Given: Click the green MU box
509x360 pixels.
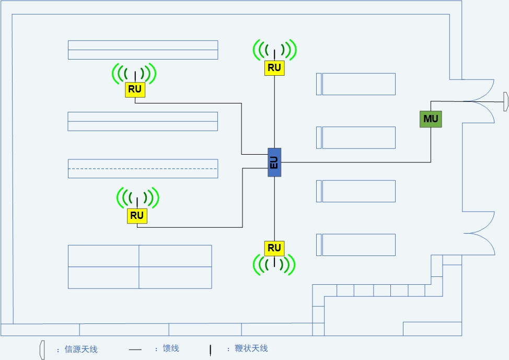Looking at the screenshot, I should (431, 119).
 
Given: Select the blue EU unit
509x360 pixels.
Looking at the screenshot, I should (274, 162).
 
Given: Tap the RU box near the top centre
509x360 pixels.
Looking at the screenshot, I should (274, 68).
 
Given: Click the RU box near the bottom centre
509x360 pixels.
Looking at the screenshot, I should (274, 248).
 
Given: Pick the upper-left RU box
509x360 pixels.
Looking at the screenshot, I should (135, 89).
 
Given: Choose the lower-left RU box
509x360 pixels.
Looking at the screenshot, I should (137, 215).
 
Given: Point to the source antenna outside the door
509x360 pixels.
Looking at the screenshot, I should (505, 101).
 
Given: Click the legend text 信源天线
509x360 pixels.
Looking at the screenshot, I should (81, 349).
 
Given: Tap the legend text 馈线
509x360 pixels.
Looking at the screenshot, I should (171, 349).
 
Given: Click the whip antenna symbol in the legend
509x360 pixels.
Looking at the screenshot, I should (210, 350).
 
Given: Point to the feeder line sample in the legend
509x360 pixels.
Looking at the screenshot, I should (135, 349).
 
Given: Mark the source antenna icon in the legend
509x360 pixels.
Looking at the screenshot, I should (42, 350).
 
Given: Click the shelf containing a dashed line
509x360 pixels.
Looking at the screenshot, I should (143, 169).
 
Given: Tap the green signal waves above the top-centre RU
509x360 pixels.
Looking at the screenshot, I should (275, 50).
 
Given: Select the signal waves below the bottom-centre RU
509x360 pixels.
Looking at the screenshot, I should (274, 264).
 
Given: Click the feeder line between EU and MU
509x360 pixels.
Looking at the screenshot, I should (355, 162).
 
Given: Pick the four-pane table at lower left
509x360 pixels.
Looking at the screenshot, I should (140, 266).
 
